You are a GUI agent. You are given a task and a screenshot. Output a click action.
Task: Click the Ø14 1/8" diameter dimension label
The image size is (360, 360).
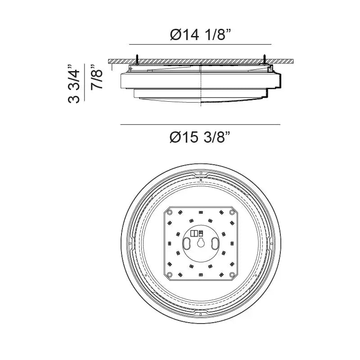[200, 35]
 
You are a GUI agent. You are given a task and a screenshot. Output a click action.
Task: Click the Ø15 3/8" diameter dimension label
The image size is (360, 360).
[200, 137]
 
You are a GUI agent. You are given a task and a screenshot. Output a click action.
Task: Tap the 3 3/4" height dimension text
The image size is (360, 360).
[74, 84]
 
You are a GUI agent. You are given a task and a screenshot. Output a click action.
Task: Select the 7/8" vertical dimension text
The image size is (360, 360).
[96, 77]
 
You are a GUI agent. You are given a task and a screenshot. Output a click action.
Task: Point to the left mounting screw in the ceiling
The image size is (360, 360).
[137, 60]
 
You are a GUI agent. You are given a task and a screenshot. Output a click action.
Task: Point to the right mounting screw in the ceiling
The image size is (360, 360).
[265, 60]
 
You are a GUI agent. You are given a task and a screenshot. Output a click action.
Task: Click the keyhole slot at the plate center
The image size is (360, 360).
[201, 243]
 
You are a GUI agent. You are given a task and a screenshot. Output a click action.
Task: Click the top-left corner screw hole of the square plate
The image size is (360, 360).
[170, 212]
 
